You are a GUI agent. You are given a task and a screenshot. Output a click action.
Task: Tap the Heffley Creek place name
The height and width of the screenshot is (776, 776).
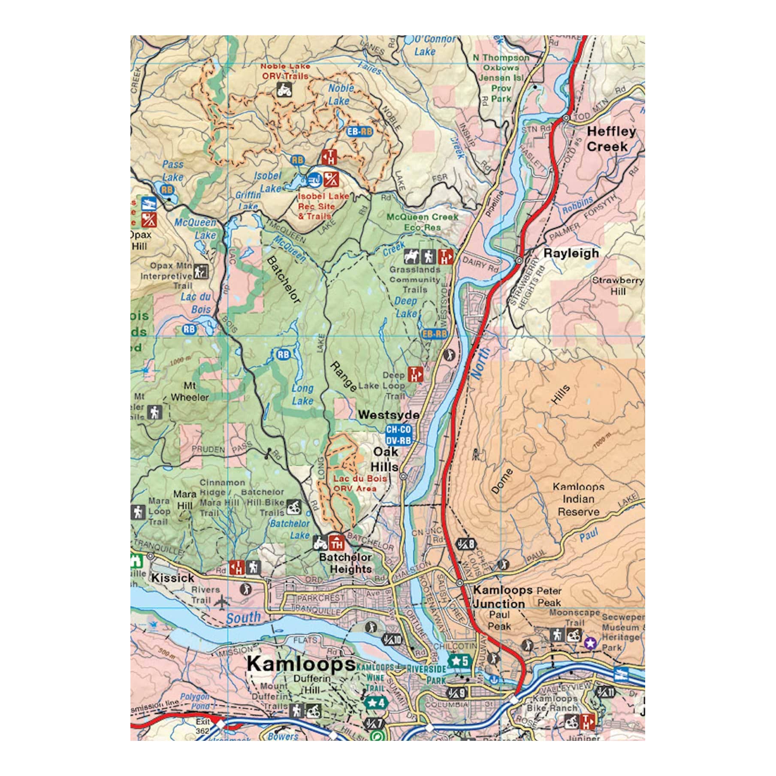point(610,139)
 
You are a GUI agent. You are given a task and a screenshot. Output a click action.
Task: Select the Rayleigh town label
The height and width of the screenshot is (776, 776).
point(571,253)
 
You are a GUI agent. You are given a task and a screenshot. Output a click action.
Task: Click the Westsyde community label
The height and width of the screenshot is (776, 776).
point(389,415)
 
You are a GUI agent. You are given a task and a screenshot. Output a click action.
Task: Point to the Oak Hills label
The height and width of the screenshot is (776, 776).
point(385,459)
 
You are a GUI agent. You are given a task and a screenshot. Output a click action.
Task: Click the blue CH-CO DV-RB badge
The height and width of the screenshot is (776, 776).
point(398,435)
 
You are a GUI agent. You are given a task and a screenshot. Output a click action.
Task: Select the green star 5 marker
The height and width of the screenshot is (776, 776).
point(460,661)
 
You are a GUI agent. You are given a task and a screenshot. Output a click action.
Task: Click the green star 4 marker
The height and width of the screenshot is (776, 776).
point(376,703)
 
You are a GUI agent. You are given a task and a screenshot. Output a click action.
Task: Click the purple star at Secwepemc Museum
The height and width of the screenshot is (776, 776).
point(590,643)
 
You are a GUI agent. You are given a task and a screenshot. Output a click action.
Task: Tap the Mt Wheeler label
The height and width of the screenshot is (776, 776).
point(190,391)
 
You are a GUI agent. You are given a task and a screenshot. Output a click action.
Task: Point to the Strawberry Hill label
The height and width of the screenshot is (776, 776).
point(618,286)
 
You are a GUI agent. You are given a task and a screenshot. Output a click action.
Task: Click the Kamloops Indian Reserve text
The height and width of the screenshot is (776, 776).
point(578,499)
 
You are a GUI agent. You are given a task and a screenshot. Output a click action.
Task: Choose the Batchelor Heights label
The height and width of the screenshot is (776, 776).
point(346,563)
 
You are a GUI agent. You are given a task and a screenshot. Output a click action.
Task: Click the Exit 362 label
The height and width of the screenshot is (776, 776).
point(203,726)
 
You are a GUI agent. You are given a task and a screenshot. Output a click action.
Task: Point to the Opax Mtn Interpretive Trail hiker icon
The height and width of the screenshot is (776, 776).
point(201,271)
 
